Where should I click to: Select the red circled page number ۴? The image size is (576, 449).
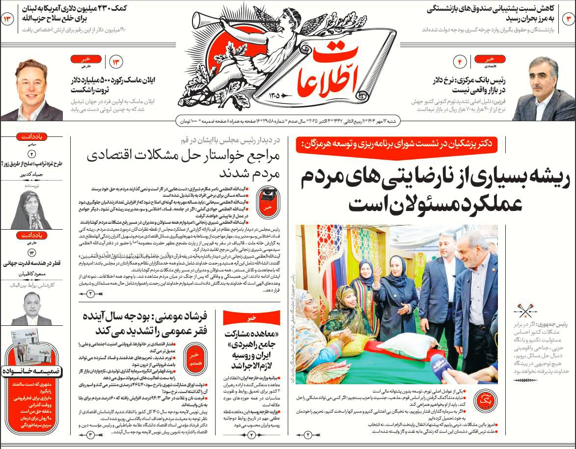click(461, 62)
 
